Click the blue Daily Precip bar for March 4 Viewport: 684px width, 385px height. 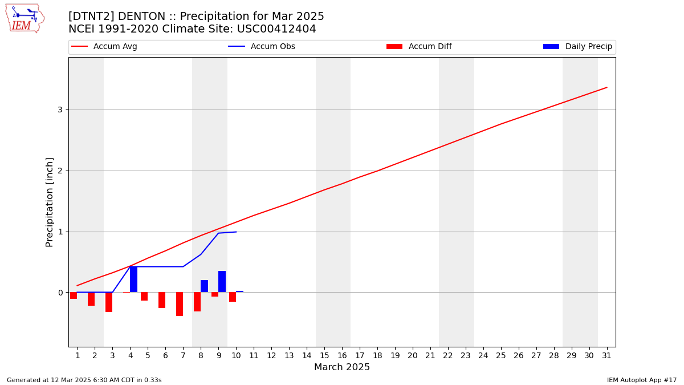133,279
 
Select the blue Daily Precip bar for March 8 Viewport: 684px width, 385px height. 204,286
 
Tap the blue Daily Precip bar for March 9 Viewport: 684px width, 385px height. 222,282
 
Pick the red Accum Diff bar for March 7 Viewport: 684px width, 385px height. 180,304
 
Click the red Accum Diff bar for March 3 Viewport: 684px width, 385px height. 109,302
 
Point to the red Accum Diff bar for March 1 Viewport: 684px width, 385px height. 74,295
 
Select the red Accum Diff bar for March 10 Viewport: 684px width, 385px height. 233,297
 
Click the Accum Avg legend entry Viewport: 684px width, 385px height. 104,46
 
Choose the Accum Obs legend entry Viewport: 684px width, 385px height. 262,46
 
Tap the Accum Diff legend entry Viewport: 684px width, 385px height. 419,46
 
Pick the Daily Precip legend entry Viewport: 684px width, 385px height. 578,46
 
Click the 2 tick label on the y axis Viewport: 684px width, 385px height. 60,171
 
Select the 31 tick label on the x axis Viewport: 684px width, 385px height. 606,355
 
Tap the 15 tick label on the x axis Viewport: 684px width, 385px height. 324,355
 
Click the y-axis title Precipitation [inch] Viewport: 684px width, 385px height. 49,202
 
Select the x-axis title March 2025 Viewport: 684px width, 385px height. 342,367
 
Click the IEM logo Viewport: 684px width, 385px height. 25,18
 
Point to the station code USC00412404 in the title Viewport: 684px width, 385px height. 276,29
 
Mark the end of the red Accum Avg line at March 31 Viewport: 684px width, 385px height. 606,87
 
